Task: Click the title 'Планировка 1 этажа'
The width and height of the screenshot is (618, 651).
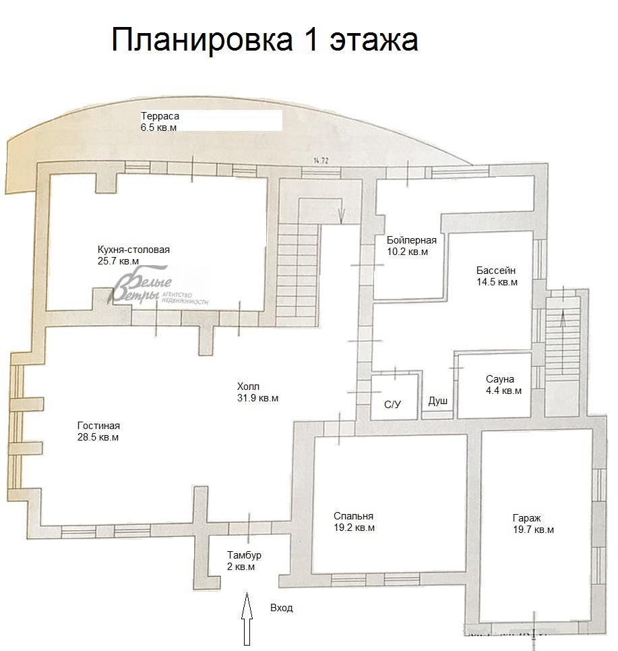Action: tap(265, 40)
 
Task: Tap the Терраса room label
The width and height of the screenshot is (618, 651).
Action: tap(160, 116)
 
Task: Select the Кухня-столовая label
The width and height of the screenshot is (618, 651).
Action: tap(133, 250)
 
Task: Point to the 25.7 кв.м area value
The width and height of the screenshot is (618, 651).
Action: tap(118, 261)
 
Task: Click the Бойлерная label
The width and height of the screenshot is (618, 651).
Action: tap(412, 240)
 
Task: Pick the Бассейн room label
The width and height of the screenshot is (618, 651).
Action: tap(495, 271)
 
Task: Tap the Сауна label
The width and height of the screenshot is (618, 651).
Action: tap(500, 379)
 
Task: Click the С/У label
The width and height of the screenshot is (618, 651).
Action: tap(392, 404)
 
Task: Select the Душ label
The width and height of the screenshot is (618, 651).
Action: tap(437, 401)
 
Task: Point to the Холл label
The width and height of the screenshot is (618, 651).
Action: tap(248, 387)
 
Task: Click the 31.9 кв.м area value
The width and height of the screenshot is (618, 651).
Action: tap(257, 398)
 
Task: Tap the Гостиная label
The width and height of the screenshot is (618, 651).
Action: tap(98, 426)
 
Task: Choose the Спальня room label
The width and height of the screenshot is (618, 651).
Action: tap(353, 516)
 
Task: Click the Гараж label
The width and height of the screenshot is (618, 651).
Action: tap(527, 518)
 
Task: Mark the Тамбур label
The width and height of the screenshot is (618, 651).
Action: tap(244, 555)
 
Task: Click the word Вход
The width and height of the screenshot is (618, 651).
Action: tap(282, 608)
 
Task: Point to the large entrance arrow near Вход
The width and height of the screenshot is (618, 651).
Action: tap(247, 619)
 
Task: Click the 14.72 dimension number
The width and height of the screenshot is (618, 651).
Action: tap(321, 161)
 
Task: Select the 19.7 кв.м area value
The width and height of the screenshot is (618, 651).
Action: tap(533, 530)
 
